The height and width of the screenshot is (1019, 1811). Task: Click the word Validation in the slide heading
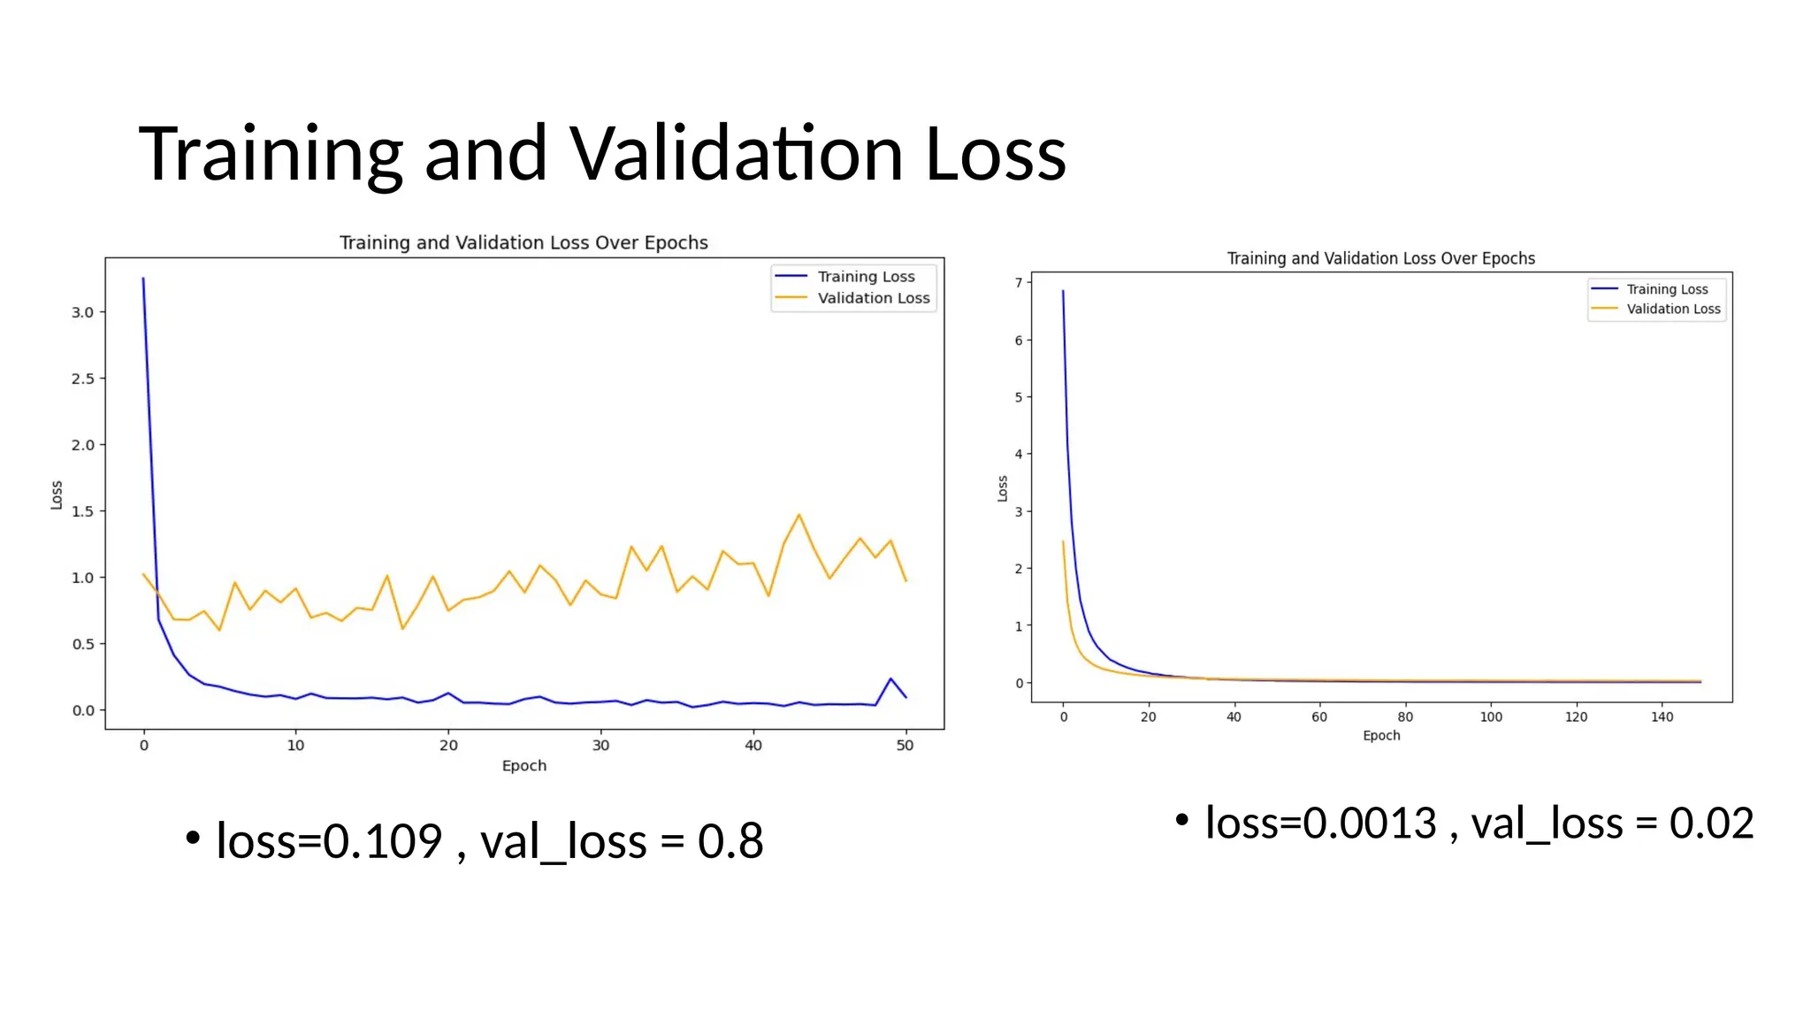(x=736, y=154)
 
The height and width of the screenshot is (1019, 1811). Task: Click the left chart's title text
(x=523, y=242)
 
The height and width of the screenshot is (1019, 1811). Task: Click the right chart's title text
(x=1380, y=258)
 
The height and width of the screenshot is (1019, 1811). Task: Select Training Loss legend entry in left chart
(x=865, y=277)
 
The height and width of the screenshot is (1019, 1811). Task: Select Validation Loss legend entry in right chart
(x=1672, y=309)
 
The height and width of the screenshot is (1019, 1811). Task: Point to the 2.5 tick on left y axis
(x=83, y=379)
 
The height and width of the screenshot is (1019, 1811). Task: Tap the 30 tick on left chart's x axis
(x=600, y=746)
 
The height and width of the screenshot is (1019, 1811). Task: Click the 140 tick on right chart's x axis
(x=1662, y=716)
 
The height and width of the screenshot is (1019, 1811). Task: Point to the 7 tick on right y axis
(x=1019, y=283)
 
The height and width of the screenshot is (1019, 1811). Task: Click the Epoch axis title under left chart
(x=523, y=766)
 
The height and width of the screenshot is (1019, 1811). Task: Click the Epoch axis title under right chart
(x=1380, y=736)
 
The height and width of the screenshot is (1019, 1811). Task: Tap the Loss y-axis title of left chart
(x=57, y=495)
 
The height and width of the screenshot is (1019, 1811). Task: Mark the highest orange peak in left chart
(x=799, y=515)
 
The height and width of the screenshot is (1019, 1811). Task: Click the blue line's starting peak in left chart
(x=143, y=279)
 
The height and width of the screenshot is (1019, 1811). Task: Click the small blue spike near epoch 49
(x=890, y=679)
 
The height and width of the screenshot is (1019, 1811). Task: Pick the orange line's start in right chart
(x=1063, y=541)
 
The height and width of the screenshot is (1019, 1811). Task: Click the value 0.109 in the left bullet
(x=382, y=840)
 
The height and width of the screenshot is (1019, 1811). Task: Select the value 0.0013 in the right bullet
(x=1369, y=824)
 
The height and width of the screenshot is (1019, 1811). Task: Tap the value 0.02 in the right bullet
(x=1710, y=824)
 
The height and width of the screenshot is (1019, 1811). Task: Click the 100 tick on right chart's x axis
(x=1491, y=716)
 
